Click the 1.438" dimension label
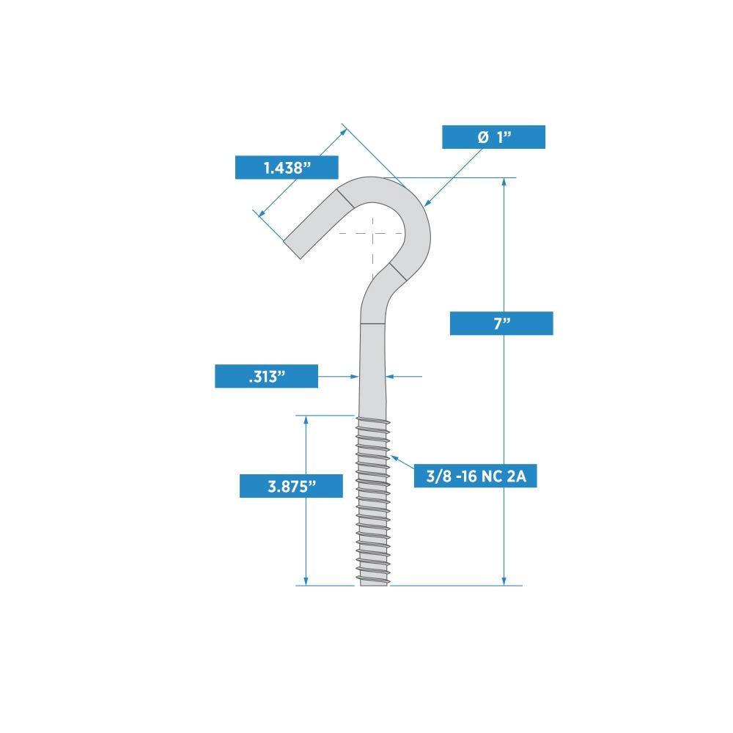click(x=287, y=168)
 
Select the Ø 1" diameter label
click(x=493, y=137)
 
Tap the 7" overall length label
click(x=501, y=324)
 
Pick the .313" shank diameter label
click(x=266, y=377)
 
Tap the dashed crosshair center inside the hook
click(x=372, y=234)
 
